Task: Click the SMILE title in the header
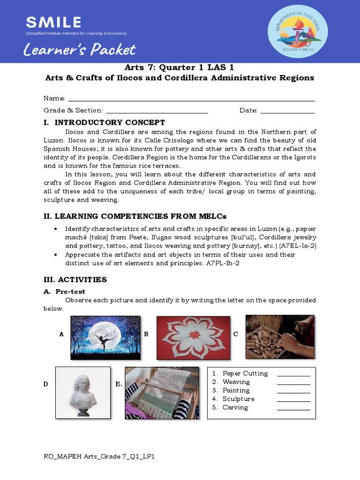(53, 22)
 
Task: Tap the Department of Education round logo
(298, 31)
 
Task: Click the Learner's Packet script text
(80, 50)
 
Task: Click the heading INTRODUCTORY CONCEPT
(110, 123)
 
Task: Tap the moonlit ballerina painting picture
(105, 337)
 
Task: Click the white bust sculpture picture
(83, 392)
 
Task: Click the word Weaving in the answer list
(236, 382)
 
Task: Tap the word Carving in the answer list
(235, 407)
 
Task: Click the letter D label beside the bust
(46, 384)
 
